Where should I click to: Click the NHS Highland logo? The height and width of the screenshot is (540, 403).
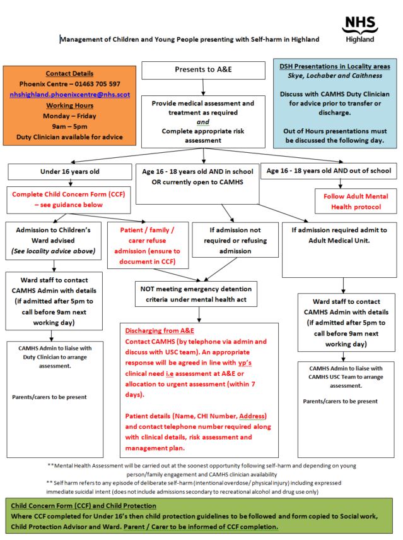[x=359, y=30]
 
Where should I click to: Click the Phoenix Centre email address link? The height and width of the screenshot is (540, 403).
[x=70, y=95]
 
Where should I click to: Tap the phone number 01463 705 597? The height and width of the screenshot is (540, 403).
[x=98, y=84]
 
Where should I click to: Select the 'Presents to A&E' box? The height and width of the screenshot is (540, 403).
[x=203, y=70]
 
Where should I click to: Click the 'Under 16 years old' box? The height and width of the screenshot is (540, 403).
[x=70, y=172]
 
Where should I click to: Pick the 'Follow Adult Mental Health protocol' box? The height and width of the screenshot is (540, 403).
[x=356, y=201]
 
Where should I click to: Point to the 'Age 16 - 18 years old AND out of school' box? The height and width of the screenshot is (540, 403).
[x=329, y=171]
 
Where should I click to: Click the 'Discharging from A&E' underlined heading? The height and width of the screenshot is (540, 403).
[x=160, y=331]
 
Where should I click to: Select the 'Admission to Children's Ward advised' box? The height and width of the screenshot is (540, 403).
[x=54, y=241]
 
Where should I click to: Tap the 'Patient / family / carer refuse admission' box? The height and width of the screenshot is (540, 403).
[x=148, y=246]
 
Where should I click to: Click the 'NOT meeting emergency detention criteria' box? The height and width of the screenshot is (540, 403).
[x=196, y=294]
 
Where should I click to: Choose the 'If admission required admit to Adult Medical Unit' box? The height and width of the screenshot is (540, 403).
[x=339, y=250]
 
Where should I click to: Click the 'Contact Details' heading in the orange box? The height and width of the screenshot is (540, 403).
[x=69, y=73]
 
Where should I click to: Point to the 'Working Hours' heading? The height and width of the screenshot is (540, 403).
[x=70, y=105]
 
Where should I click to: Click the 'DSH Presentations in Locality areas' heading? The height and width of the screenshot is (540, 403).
[x=335, y=66]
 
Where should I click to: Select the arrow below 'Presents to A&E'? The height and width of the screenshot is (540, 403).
[x=203, y=88]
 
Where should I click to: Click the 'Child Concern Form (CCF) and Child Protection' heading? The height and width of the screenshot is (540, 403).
[x=83, y=506]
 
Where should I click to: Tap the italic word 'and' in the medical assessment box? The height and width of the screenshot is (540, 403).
[x=203, y=122]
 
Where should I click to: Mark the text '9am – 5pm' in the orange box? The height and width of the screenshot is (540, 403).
[x=70, y=126]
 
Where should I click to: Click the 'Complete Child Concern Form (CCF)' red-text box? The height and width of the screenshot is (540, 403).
[x=69, y=200]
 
